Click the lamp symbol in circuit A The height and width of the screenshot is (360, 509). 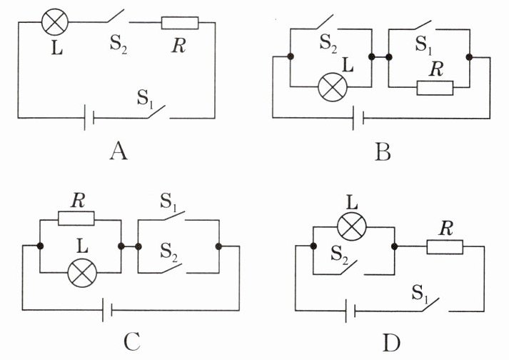(x=55, y=21)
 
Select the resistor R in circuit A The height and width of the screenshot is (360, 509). (x=180, y=23)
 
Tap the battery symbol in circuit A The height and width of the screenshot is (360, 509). (x=89, y=118)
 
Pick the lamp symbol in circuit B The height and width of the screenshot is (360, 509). (x=333, y=86)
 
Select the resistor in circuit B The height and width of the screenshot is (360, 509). (x=435, y=88)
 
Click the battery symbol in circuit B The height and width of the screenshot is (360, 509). (x=358, y=118)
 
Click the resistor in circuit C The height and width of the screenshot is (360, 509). (x=76, y=219)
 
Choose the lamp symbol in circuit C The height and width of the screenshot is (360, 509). (x=82, y=273)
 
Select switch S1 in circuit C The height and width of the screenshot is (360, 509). (x=174, y=216)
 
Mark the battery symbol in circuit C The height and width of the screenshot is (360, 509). (x=108, y=309)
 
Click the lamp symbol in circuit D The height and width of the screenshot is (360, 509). (x=352, y=226)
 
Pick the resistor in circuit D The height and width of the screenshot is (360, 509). (x=445, y=247)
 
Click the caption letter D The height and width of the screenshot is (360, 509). (x=391, y=342)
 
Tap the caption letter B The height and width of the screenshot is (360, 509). (x=383, y=152)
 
